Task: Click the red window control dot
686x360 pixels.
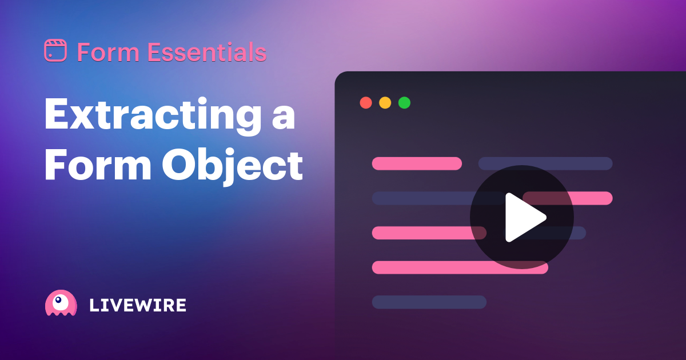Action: [x=366, y=103]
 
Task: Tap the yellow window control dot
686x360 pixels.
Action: [x=385, y=103]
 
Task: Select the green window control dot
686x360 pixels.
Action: [x=404, y=103]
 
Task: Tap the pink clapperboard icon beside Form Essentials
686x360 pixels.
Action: [x=55, y=50]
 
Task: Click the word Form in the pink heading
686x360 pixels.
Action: [x=108, y=53]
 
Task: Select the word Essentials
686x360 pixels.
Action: [x=207, y=53]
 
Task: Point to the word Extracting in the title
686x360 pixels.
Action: [x=153, y=117]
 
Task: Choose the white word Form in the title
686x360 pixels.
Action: [x=98, y=165]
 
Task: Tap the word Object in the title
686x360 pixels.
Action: [x=233, y=167]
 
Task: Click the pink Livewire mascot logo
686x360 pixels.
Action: [x=61, y=303]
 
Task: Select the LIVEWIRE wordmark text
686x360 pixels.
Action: [x=138, y=305]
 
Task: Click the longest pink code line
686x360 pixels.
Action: [x=460, y=267]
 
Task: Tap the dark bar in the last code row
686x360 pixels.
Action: [x=429, y=302]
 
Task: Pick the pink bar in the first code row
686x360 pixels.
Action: [x=417, y=163]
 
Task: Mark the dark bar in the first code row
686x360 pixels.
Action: [x=545, y=163]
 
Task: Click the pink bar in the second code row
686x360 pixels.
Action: [x=568, y=198]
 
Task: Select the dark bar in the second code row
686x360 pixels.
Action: [x=438, y=198]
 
